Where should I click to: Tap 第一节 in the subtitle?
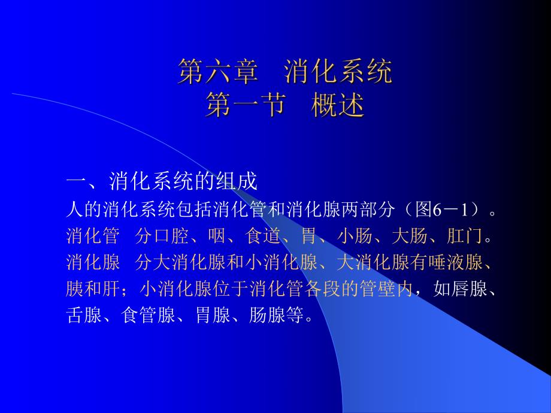244,106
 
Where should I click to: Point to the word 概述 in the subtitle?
338,106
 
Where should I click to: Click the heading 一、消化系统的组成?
161,181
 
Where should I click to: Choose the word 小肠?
355,236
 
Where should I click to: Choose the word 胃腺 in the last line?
213,315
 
